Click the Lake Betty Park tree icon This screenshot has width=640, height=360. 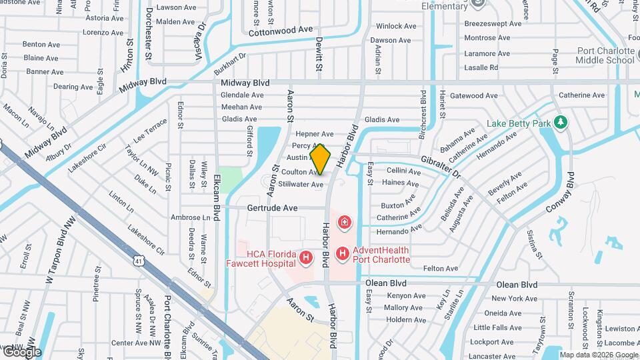561,123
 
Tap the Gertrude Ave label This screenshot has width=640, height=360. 272,208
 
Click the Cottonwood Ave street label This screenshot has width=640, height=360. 280,31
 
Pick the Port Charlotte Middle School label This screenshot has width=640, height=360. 597,55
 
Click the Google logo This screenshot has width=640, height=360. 21,351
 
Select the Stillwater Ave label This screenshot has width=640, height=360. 301,184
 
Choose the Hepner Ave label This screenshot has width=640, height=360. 315,134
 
